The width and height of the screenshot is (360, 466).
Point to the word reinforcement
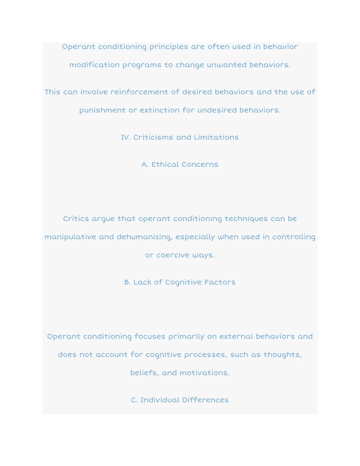pyautogui.click(x=139, y=92)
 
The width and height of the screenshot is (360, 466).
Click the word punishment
pyautogui.click(x=102, y=110)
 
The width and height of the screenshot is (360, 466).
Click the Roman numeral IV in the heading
pyautogui.click(x=125, y=137)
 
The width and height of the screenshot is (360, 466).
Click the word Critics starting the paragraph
pyautogui.click(x=76, y=219)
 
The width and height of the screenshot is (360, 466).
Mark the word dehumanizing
pyautogui.click(x=144, y=237)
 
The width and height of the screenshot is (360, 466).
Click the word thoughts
pyautogui.click(x=283, y=355)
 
